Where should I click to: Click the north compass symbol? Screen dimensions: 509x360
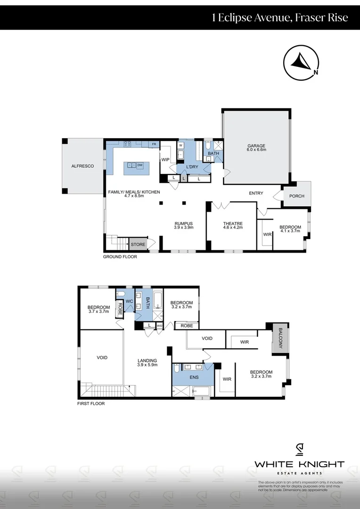pos(301,64)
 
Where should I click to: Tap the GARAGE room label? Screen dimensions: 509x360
pos(256,146)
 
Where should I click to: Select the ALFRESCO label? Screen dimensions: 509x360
pos(82,166)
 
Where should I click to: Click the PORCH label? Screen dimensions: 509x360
pos(296,197)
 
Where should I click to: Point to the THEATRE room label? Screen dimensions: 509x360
pos(233,224)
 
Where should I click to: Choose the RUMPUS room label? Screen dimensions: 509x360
pos(183,224)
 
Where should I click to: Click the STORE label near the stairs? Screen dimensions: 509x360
pos(138,245)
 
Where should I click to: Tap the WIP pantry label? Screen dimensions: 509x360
pos(165,160)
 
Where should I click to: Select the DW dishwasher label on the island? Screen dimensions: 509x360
pos(140,165)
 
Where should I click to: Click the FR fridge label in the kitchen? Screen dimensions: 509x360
pos(154,144)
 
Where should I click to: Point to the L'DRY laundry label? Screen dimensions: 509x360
pos(192,167)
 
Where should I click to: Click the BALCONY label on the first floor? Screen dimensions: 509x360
pos(280,338)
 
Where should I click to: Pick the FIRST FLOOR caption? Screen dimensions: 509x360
pos(91,404)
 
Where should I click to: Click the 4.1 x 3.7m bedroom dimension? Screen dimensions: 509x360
pos(290,231)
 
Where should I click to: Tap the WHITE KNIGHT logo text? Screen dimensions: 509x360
pos(299,464)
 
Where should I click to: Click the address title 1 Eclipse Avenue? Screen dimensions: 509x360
pos(280,18)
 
